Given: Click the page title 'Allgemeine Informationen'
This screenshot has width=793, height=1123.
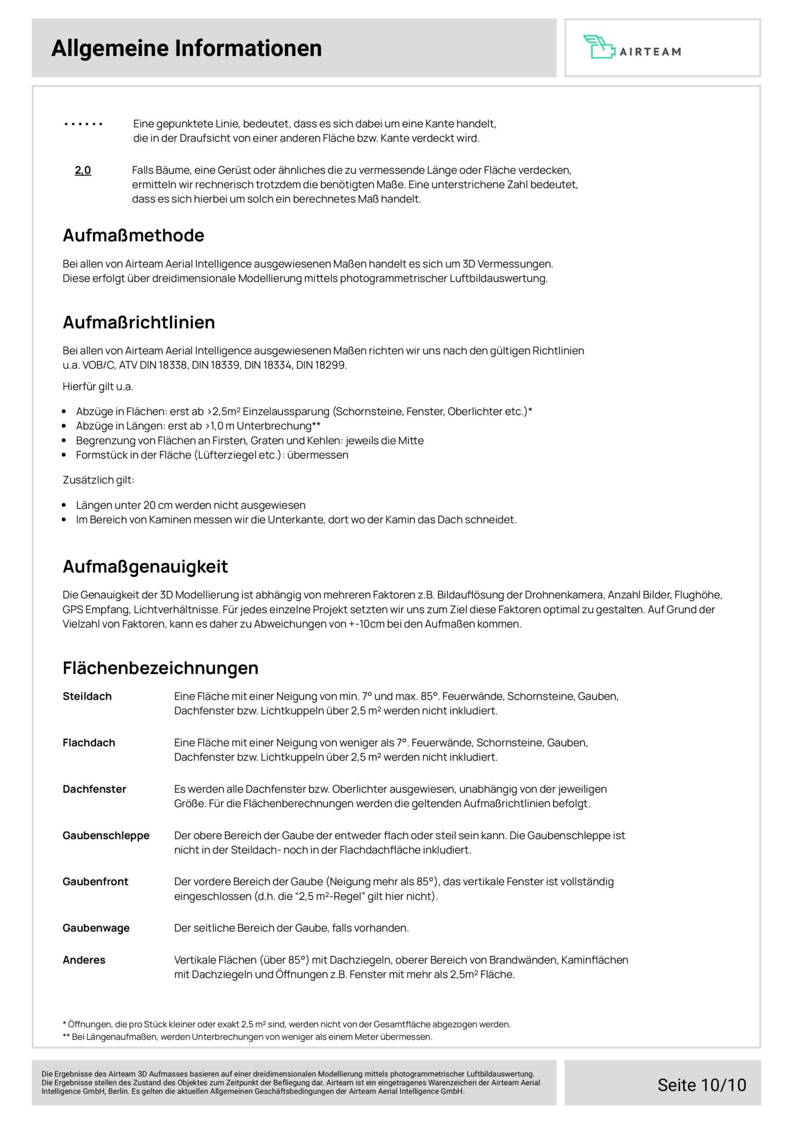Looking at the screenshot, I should pyautogui.click(x=186, y=48).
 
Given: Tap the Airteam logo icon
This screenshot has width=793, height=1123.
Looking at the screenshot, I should pyautogui.click(x=599, y=47).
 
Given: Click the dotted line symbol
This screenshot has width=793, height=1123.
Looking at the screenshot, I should pyautogui.click(x=83, y=124).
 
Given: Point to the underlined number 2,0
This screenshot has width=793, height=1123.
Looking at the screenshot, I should pyautogui.click(x=83, y=171).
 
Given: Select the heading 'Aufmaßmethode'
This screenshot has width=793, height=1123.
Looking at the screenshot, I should pyautogui.click(x=133, y=235).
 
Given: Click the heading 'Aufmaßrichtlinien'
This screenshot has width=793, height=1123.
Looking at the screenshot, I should pyautogui.click(x=139, y=322).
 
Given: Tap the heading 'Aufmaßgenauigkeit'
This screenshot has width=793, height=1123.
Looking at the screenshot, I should pyautogui.click(x=145, y=566).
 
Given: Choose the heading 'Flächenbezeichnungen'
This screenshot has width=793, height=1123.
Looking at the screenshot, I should pyautogui.click(x=161, y=668).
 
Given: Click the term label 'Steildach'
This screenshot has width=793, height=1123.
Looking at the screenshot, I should pyautogui.click(x=87, y=696).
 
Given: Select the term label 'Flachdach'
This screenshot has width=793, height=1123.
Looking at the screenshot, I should pyautogui.click(x=89, y=743).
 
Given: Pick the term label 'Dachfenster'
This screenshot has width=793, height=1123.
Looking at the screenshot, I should pyautogui.click(x=94, y=789).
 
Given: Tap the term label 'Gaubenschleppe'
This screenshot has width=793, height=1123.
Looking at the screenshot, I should pyautogui.click(x=106, y=836).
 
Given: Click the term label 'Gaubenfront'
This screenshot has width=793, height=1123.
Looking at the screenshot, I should pyautogui.click(x=95, y=882).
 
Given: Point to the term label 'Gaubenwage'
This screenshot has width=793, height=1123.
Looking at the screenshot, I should pyautogui.click(x=96, y=928).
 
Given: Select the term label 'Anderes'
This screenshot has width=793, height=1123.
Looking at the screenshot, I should pyautogui.click(x=84, y=960).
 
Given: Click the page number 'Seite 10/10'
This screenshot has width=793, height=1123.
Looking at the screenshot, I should pyautogui.click(x=701, y=1085).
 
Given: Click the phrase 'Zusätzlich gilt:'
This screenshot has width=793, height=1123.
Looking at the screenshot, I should pyautogui.click(x=99, y=480).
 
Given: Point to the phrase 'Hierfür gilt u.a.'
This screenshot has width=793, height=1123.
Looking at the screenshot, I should pyautogui.click(x=98, y=387).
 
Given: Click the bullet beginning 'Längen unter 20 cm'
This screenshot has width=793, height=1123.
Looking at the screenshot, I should pyautogui.click(x=191, y=505).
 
